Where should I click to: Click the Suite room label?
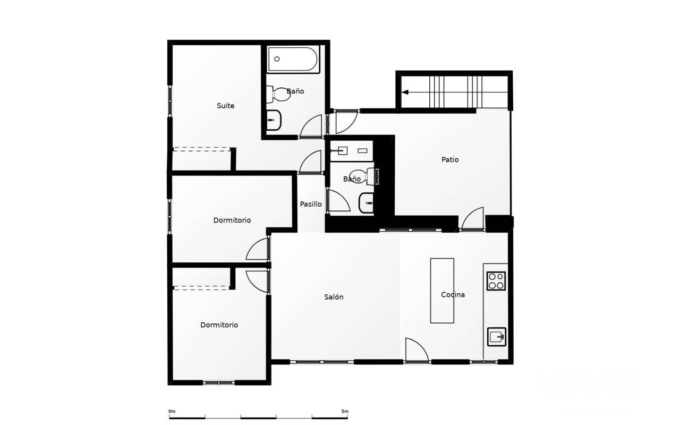[225, 106]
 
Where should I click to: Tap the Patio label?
[450, 159]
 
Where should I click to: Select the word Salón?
[334, 297]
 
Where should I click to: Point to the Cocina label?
[453, 294]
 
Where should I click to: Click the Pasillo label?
[311, 204]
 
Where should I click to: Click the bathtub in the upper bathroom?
[293, 59]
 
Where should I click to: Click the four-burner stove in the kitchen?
[496, 281]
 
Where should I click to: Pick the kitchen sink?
[497, 337]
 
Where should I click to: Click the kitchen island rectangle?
[442, 291]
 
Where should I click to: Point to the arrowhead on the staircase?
[405, 92]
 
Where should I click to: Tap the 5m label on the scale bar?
[345, 411]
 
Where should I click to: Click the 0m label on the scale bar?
[172, 411]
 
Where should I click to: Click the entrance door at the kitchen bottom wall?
[417, 350]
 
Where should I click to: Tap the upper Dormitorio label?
[232, 220]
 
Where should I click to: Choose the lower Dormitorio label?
[219, 325]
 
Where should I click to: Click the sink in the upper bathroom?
[274, 120]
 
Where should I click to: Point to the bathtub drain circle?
[277, 59]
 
